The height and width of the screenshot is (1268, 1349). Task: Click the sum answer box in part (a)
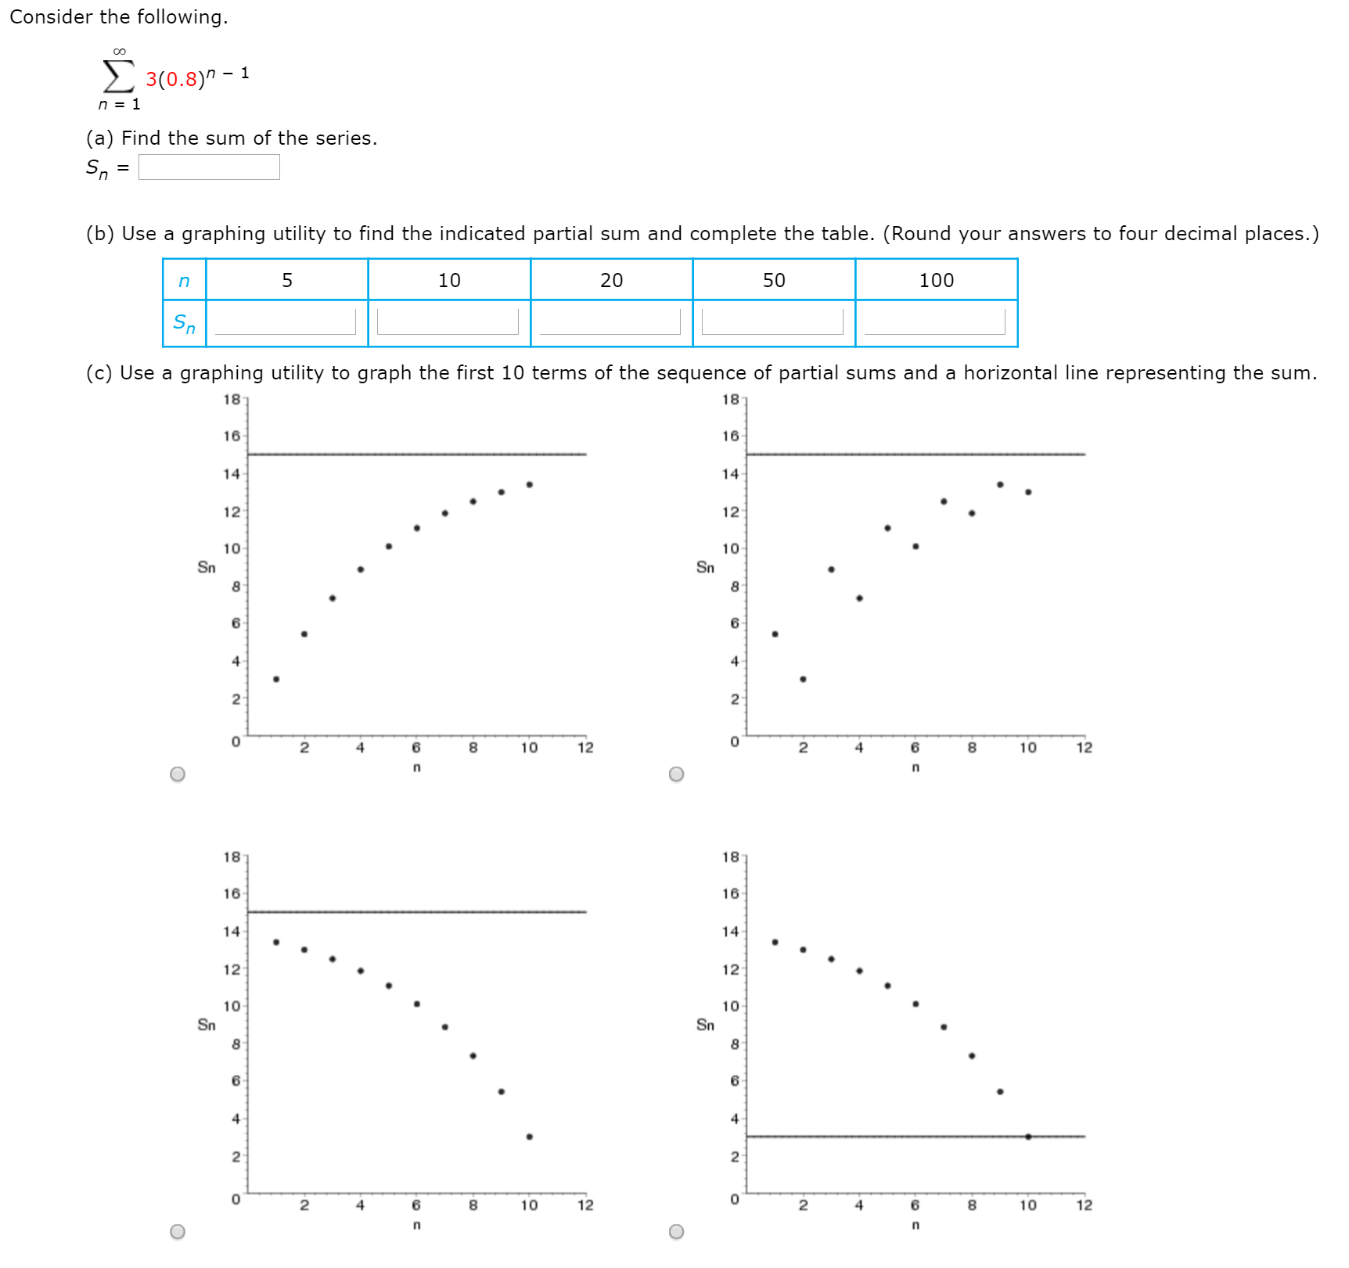(209, 167)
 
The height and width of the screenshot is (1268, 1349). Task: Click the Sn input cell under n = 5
(285, 321)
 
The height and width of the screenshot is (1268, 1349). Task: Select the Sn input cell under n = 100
(934, 321)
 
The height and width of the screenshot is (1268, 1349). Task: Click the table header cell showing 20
(611, 280)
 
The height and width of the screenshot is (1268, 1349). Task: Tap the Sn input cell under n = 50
(772, 321)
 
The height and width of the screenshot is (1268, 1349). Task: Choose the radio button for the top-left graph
(178, 774)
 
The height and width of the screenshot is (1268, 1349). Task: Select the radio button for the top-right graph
(677, 774)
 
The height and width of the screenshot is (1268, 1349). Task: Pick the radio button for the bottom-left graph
(178, 1231)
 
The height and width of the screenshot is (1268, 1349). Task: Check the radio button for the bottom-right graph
(677, 1231)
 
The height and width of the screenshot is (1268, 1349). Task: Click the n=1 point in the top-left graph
(276, 679)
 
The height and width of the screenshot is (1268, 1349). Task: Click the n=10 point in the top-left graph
(530, 484)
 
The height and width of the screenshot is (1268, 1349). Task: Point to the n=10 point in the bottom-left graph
(530, 1137)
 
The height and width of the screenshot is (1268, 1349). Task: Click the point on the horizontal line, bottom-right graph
(1028, 1137)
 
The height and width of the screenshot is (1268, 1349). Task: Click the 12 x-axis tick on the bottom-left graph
(585, 1205)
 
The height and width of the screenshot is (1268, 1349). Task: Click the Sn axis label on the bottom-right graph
(705, 1025)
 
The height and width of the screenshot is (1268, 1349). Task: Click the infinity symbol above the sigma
(119, 52)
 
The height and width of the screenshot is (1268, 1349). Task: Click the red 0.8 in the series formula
(182, 79)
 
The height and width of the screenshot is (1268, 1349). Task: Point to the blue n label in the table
(184, 281)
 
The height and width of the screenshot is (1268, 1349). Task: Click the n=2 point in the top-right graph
(803, 679)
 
